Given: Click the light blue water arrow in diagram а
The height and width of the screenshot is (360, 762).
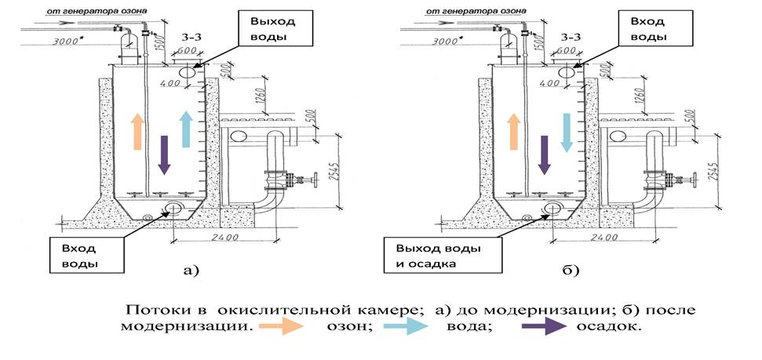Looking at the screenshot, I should click(x=186, y=128).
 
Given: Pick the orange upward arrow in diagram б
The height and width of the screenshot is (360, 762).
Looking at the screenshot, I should click(x=516, y=130).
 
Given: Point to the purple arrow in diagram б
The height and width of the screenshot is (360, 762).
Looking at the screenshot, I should click(x=544, y=154).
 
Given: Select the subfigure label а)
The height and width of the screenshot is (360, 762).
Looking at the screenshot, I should click(x=191, y=271).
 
